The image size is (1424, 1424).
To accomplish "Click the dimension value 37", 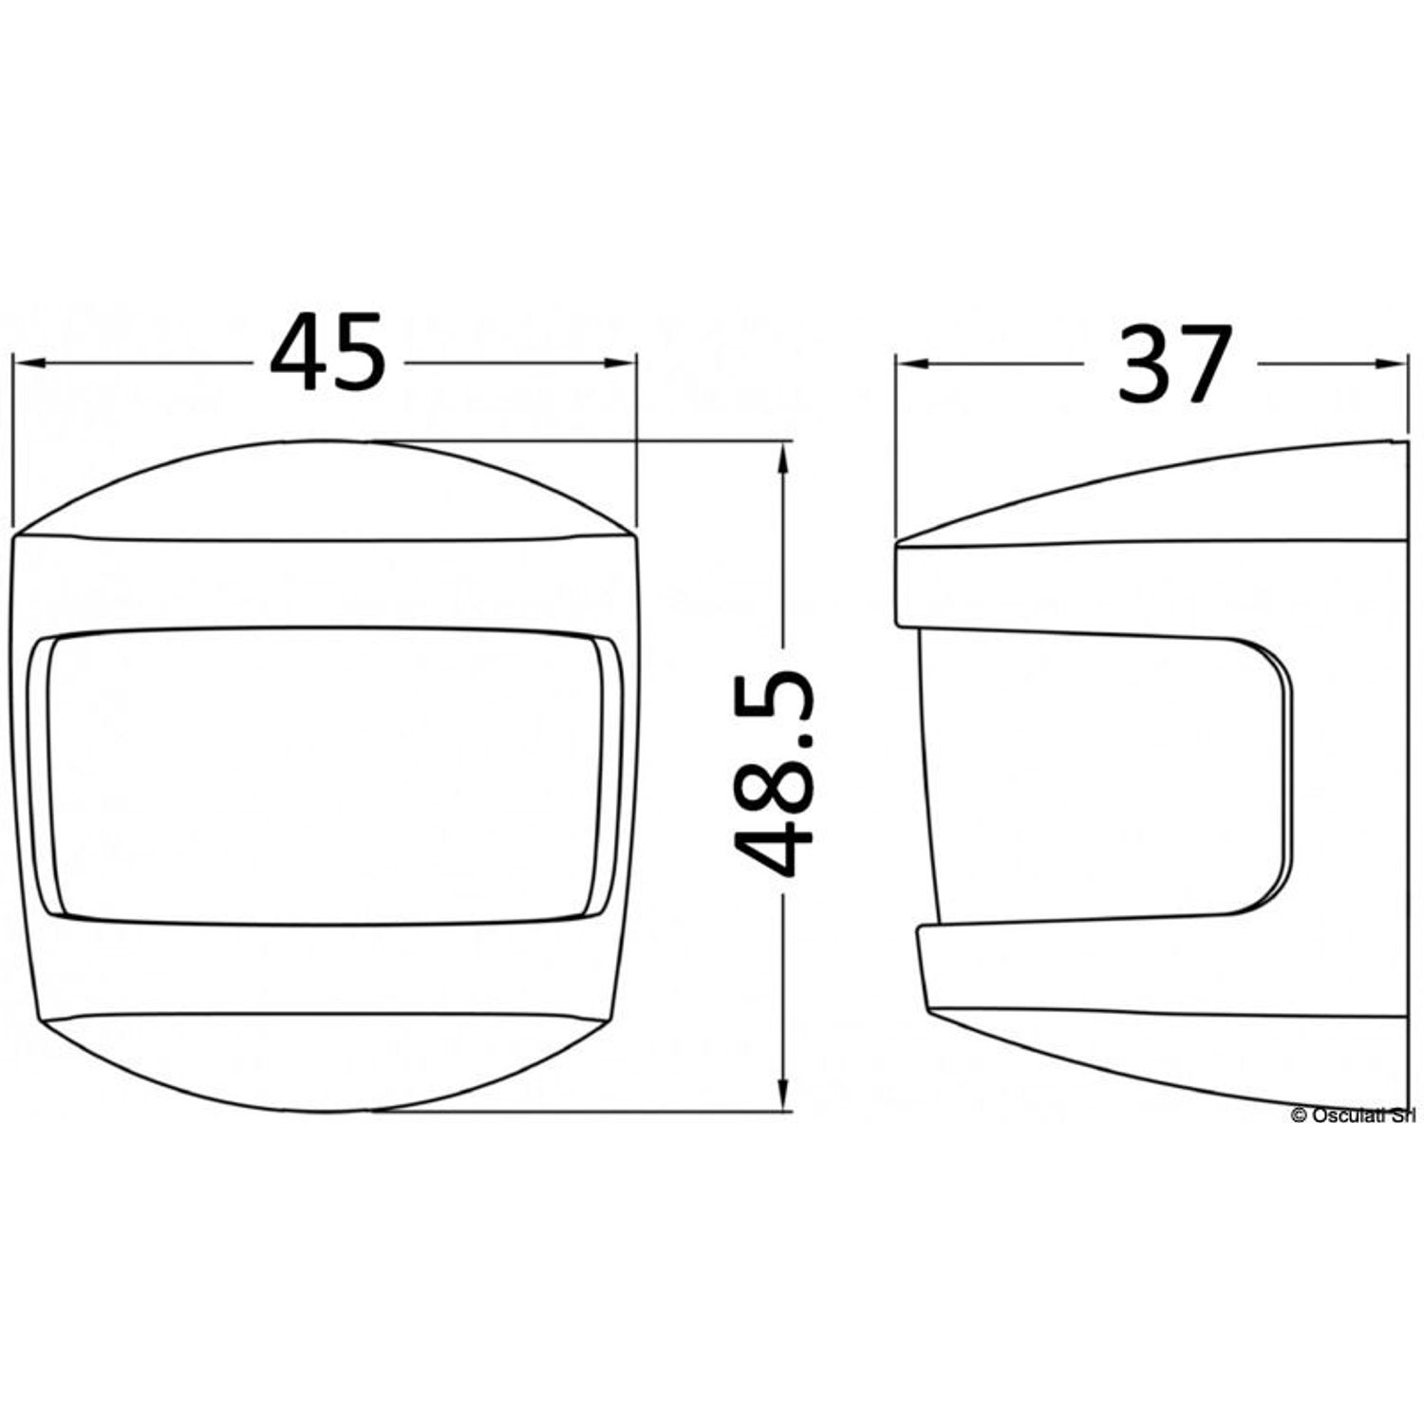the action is (x=1173, y=363).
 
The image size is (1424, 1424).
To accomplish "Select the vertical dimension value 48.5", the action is (x=775, y=773).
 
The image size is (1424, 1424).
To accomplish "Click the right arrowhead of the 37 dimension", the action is (x=1390, y=362).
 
